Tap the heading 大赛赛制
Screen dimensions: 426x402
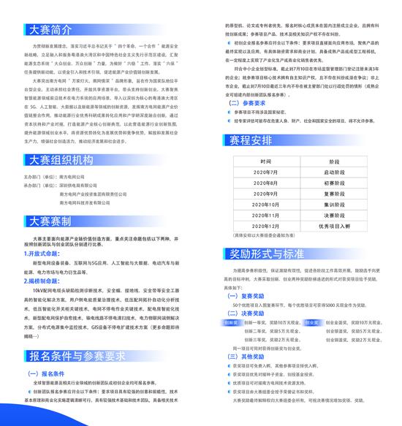[x=50, y=221]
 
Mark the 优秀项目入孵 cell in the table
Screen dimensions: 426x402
[x=337, y=227]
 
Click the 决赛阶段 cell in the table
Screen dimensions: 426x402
[x=337, y=217]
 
